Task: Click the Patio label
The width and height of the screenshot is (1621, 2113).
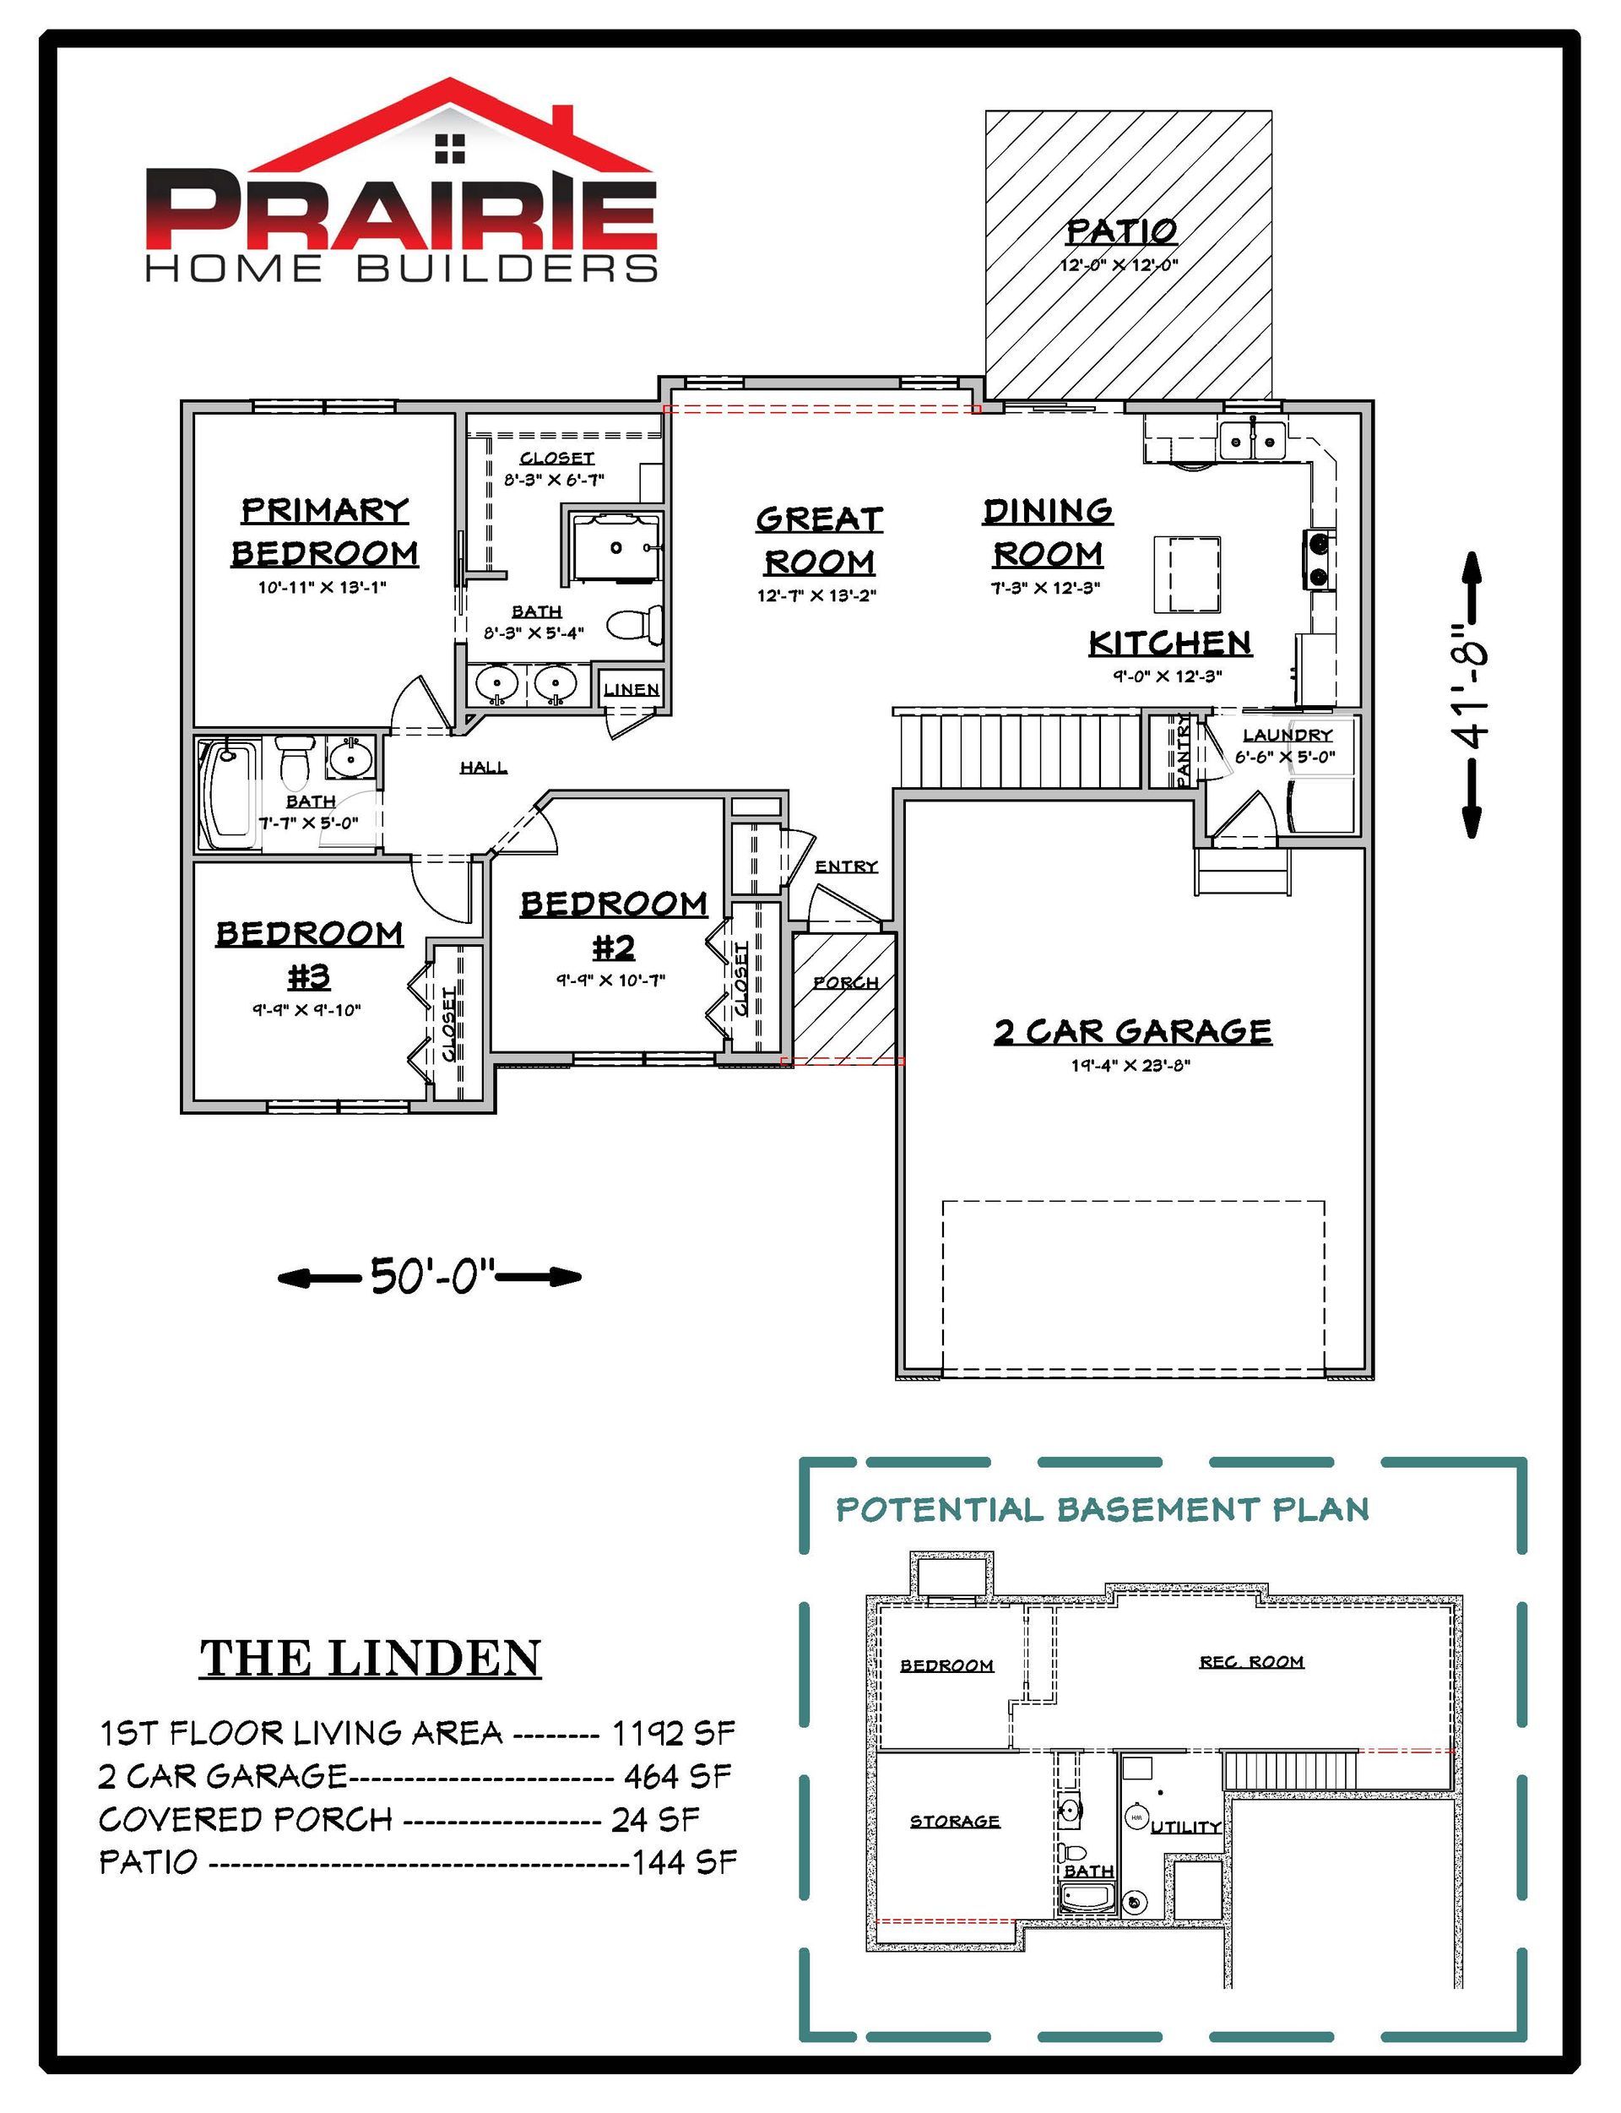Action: point(1121,231)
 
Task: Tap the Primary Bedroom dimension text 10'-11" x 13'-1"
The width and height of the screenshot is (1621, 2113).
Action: point(323,587)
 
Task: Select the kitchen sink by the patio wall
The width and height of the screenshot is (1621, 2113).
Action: point(1251,441)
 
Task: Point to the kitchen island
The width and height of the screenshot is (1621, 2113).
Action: point(1188,574)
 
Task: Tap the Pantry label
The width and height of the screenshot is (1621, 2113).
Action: point(1184,751)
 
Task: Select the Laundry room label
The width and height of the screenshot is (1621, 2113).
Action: point(1288,736)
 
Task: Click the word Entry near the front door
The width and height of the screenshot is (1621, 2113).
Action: point(846,866)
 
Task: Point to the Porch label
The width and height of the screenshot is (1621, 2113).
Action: point(845,983)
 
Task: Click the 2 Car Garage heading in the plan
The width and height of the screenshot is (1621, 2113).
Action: point(1133,1032)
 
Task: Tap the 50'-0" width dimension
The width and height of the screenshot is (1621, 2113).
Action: point(430,1277)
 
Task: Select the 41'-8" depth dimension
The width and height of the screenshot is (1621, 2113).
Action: point(1472,695)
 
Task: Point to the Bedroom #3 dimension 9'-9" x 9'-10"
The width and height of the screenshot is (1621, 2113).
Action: point(306,1010)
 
